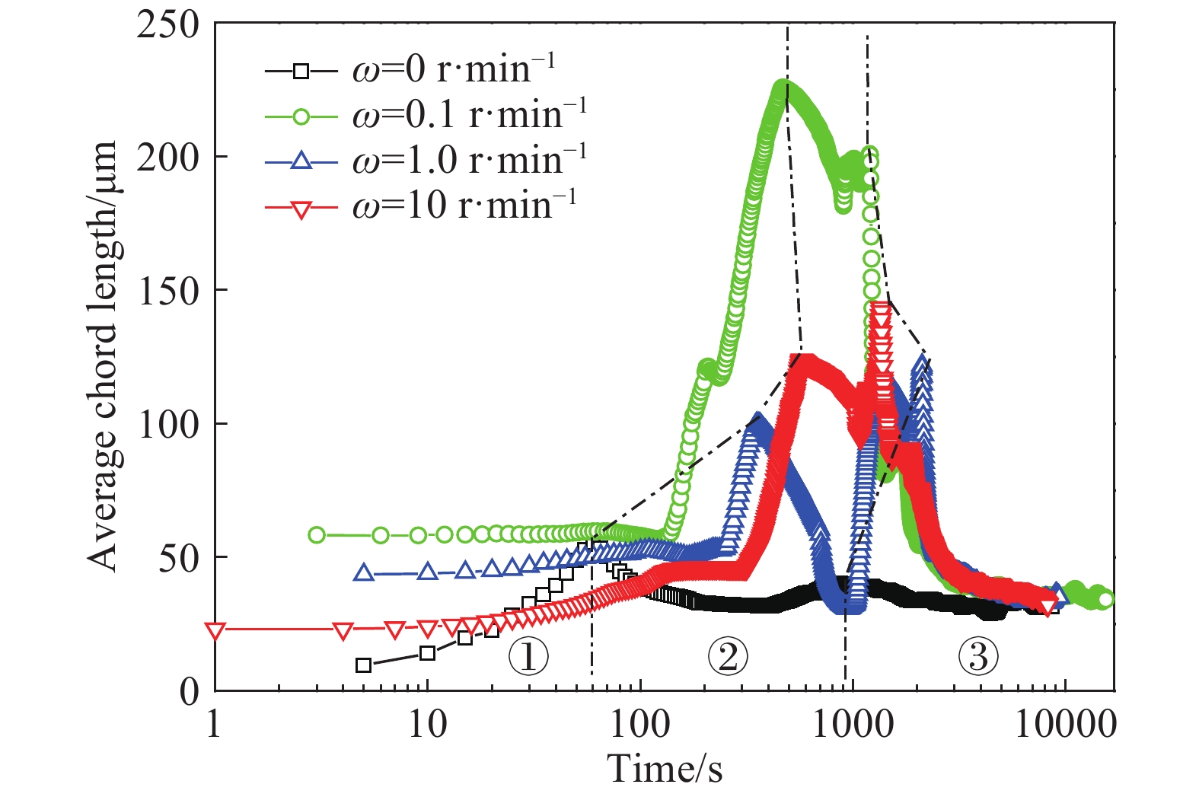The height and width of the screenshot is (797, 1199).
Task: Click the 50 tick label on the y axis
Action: pyautogui.click(x=178, y=558)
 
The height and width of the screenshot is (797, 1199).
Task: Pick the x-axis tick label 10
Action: pyautogui.click(x=427, y=725)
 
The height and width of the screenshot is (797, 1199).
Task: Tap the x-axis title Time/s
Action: pyautogui.click(x=665, y=769)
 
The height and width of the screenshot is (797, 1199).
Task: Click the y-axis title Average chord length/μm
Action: pyautogui.click(x=103, y=355)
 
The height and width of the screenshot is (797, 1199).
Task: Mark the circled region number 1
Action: pyautogui.click(x=528, y=655)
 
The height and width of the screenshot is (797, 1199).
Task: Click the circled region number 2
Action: pyautogui.click(x=728, y=655)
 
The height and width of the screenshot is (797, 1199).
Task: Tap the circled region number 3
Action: pyautogui.click(x=978, y=655)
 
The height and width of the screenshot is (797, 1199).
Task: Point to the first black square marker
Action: pyautogui.click(x=364, y=665)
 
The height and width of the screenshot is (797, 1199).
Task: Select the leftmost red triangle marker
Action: pyautogui.click(x=215, y=631)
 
